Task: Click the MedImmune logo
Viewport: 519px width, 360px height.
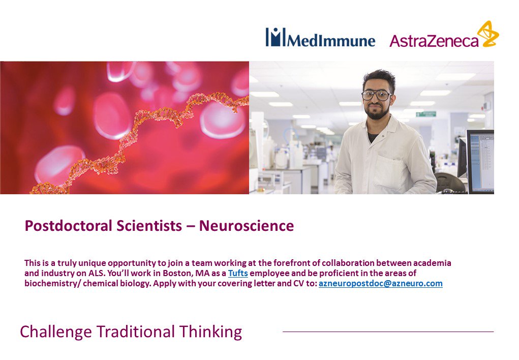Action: [x=320, y=37]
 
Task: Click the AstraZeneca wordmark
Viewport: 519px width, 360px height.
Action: [x=434, y=41]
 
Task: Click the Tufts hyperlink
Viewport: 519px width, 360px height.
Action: [x=238, y=273]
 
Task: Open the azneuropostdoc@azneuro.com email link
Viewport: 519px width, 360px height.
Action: [x=380, y=284]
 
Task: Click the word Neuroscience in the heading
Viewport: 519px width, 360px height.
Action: [x=246, y=226]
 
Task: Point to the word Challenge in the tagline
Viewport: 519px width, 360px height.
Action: [x=55, y=332]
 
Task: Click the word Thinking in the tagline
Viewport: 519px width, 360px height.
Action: [x=210, y=332]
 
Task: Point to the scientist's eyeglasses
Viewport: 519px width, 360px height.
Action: [x=376, y=96]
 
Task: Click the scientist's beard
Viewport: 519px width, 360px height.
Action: [x=377, y=112]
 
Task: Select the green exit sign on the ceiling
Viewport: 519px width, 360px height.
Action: [x=426, y=114]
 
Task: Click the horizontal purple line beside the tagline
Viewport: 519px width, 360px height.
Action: [x=388, y=332]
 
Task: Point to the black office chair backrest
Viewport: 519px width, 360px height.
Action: [x=450, y=182]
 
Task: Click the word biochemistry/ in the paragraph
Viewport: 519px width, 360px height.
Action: [x=53, y=284]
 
